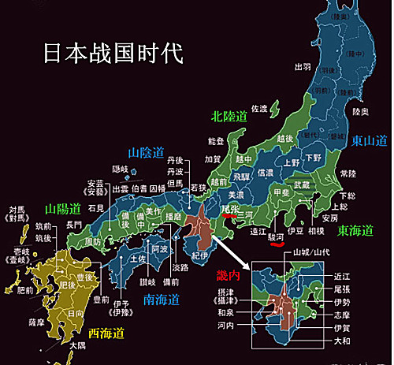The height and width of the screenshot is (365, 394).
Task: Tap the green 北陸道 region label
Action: coord(230,117)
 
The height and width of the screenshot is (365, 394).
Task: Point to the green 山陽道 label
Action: coord(63,209)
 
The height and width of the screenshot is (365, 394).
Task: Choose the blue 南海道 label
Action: coord(162,299)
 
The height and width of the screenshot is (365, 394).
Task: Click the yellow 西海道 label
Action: coord(106,333)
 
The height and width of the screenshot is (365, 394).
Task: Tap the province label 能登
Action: coord(215,142)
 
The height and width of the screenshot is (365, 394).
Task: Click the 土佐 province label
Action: coord(137,259)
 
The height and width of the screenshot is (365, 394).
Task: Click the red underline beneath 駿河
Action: coord(276,244)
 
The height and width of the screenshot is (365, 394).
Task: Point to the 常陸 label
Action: coord(347,172)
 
